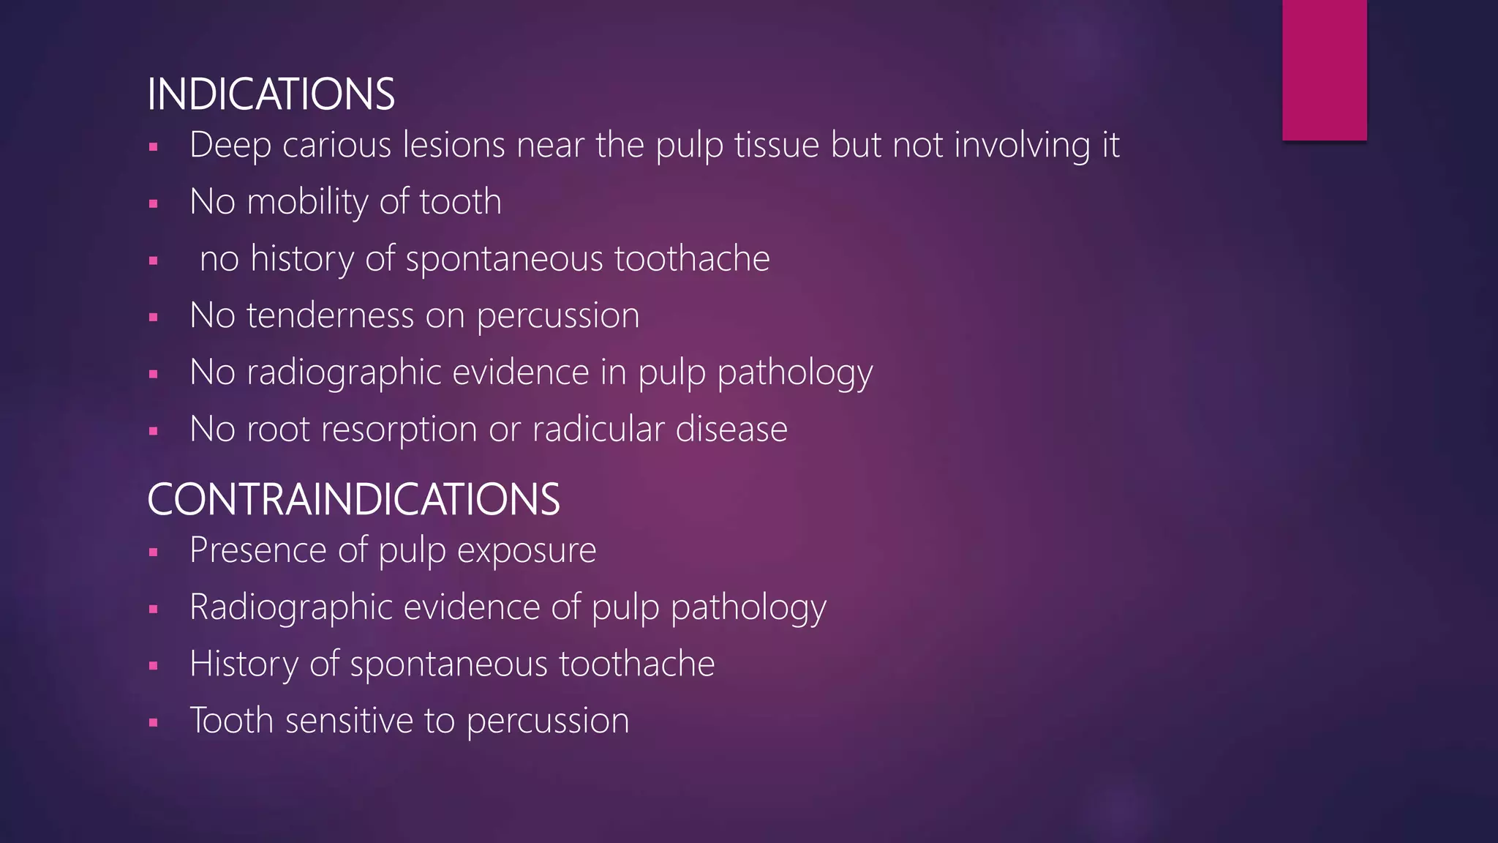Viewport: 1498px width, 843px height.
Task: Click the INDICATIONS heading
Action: (271, 94)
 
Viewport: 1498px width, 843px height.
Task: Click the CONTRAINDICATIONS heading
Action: (353, 500)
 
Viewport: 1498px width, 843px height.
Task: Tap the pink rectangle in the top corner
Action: (1324, 70)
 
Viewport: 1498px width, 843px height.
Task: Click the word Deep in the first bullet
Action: (230, 145)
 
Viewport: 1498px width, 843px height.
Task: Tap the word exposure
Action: (526, 550)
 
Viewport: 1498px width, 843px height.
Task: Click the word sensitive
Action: (349, 721)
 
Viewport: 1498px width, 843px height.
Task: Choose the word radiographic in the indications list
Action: (344, 372)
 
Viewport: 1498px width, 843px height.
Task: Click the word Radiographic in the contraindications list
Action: (291, 607)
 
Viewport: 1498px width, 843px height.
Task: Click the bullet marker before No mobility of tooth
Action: (153, 203)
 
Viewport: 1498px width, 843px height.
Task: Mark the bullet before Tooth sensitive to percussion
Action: (153, 723)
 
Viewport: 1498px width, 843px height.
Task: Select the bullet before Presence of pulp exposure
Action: (153, 552)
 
